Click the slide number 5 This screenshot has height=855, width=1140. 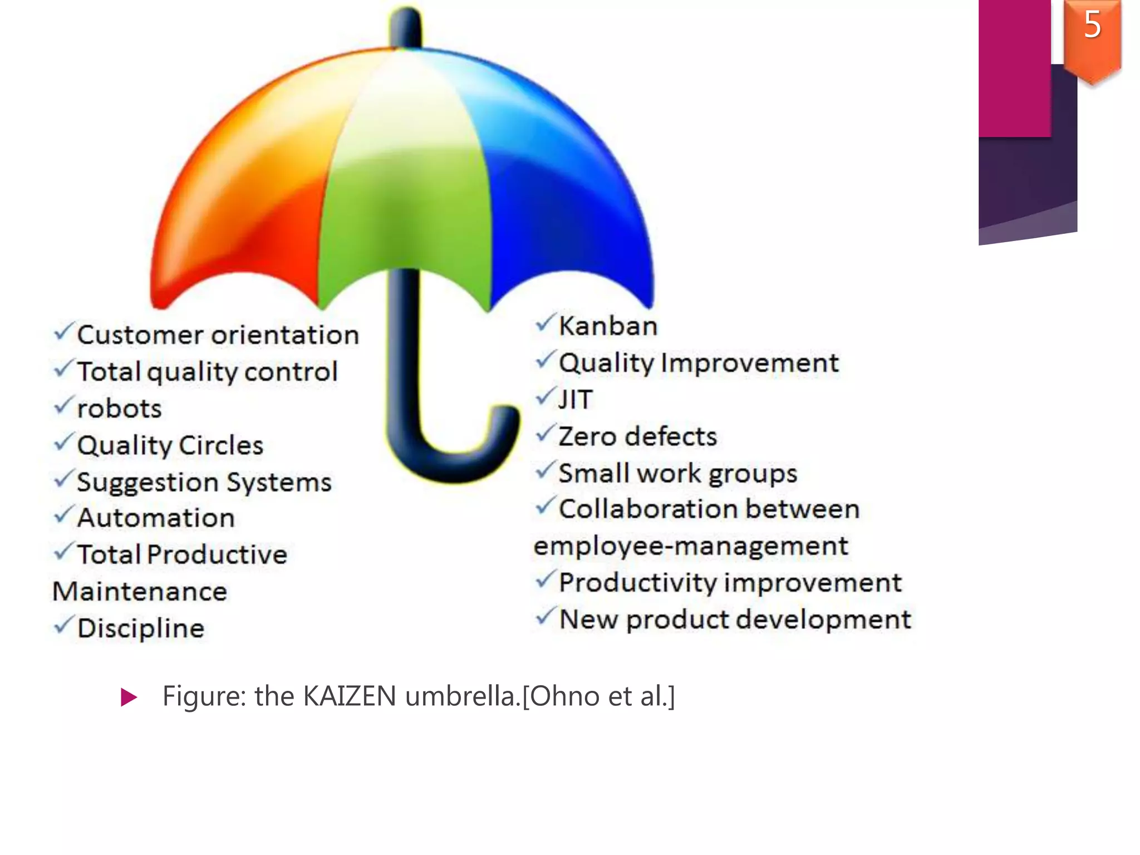1092,25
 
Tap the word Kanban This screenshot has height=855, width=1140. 608,326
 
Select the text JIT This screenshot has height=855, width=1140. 576,400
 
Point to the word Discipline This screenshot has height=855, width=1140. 141,628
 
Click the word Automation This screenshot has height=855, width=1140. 156,518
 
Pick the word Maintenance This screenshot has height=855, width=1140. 140,592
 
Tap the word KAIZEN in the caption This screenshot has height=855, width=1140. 350,696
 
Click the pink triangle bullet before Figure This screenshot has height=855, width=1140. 129,697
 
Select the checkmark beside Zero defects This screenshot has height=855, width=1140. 546,433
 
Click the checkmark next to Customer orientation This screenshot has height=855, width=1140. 63,332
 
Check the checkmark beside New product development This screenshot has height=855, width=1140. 546,616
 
